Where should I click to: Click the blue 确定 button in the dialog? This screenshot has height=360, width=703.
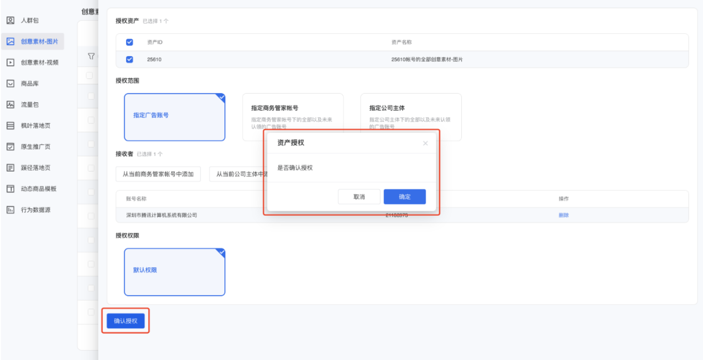(404, 197)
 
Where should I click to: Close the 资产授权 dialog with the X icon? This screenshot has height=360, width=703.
(425, 143)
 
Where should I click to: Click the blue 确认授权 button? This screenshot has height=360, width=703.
(126, 321)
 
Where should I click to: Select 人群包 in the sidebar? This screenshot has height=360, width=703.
(29, 20)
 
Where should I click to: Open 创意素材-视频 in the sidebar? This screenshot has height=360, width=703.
(39, 62)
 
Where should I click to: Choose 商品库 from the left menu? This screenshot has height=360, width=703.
(29, 84)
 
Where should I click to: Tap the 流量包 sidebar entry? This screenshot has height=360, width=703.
(29, 105)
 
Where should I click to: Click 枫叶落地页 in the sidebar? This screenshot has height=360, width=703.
(35, 126)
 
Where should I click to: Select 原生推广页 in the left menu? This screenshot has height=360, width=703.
(35, 147)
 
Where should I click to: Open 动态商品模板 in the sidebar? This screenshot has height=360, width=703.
(38, 189)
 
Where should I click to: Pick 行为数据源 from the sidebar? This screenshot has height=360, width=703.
(35, 210)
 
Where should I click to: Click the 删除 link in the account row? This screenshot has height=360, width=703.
(564, 215)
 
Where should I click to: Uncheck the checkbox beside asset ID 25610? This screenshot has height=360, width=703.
(129, 60)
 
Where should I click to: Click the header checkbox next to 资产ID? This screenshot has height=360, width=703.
(129, 42)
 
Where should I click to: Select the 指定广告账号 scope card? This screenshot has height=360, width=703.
(175, 117)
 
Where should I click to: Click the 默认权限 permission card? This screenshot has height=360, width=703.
(175, 272)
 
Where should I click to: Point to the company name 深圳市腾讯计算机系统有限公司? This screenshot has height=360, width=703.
(162, 215)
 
